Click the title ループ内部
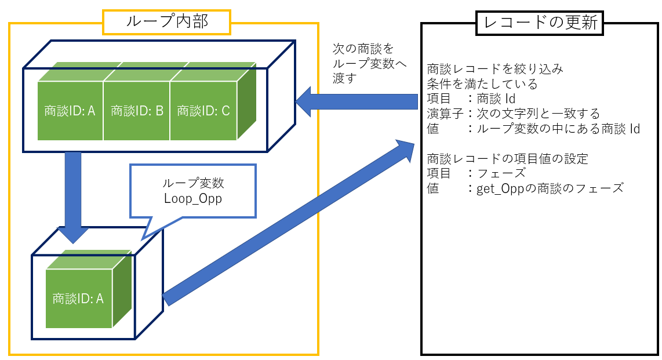point(166,22)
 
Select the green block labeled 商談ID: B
point(137,111)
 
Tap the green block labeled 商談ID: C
point(203,111)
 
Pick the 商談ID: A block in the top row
point(70,111)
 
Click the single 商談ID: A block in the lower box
point(78,299)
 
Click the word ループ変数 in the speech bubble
point(193,183)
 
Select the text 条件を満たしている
point(482,84)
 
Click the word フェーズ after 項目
point(501,173)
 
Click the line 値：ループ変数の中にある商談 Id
point(533,129)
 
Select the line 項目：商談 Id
point(471,99)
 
